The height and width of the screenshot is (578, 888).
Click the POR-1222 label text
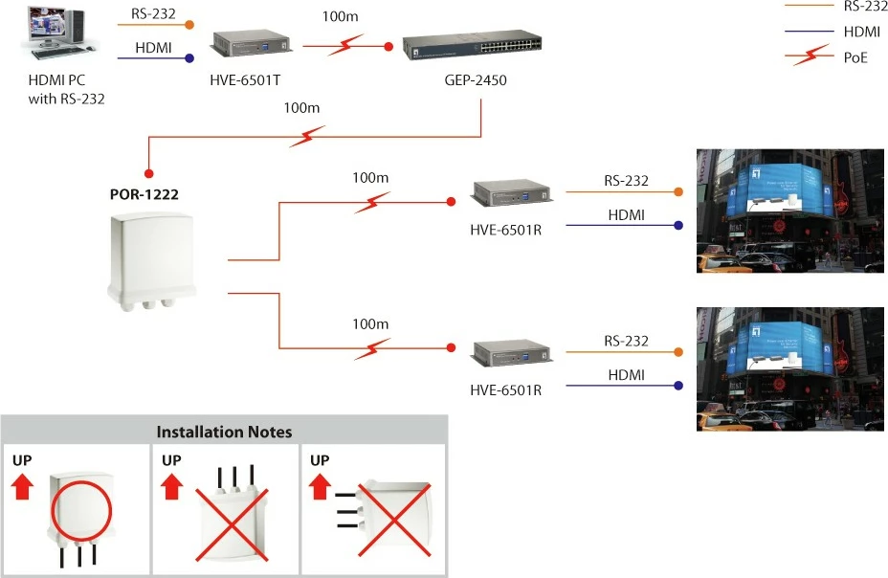pyautogui.click(x=144, y=194)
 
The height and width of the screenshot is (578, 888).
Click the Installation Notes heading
pyautogui.click(x=224, y=432)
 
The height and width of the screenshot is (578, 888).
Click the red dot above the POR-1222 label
pyautogui.click(x=148, y=174)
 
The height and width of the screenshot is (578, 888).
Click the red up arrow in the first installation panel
pyautogui.click(x=25, y=489)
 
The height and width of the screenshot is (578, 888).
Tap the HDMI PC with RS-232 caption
pyautogui.click(x=66, y=90)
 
